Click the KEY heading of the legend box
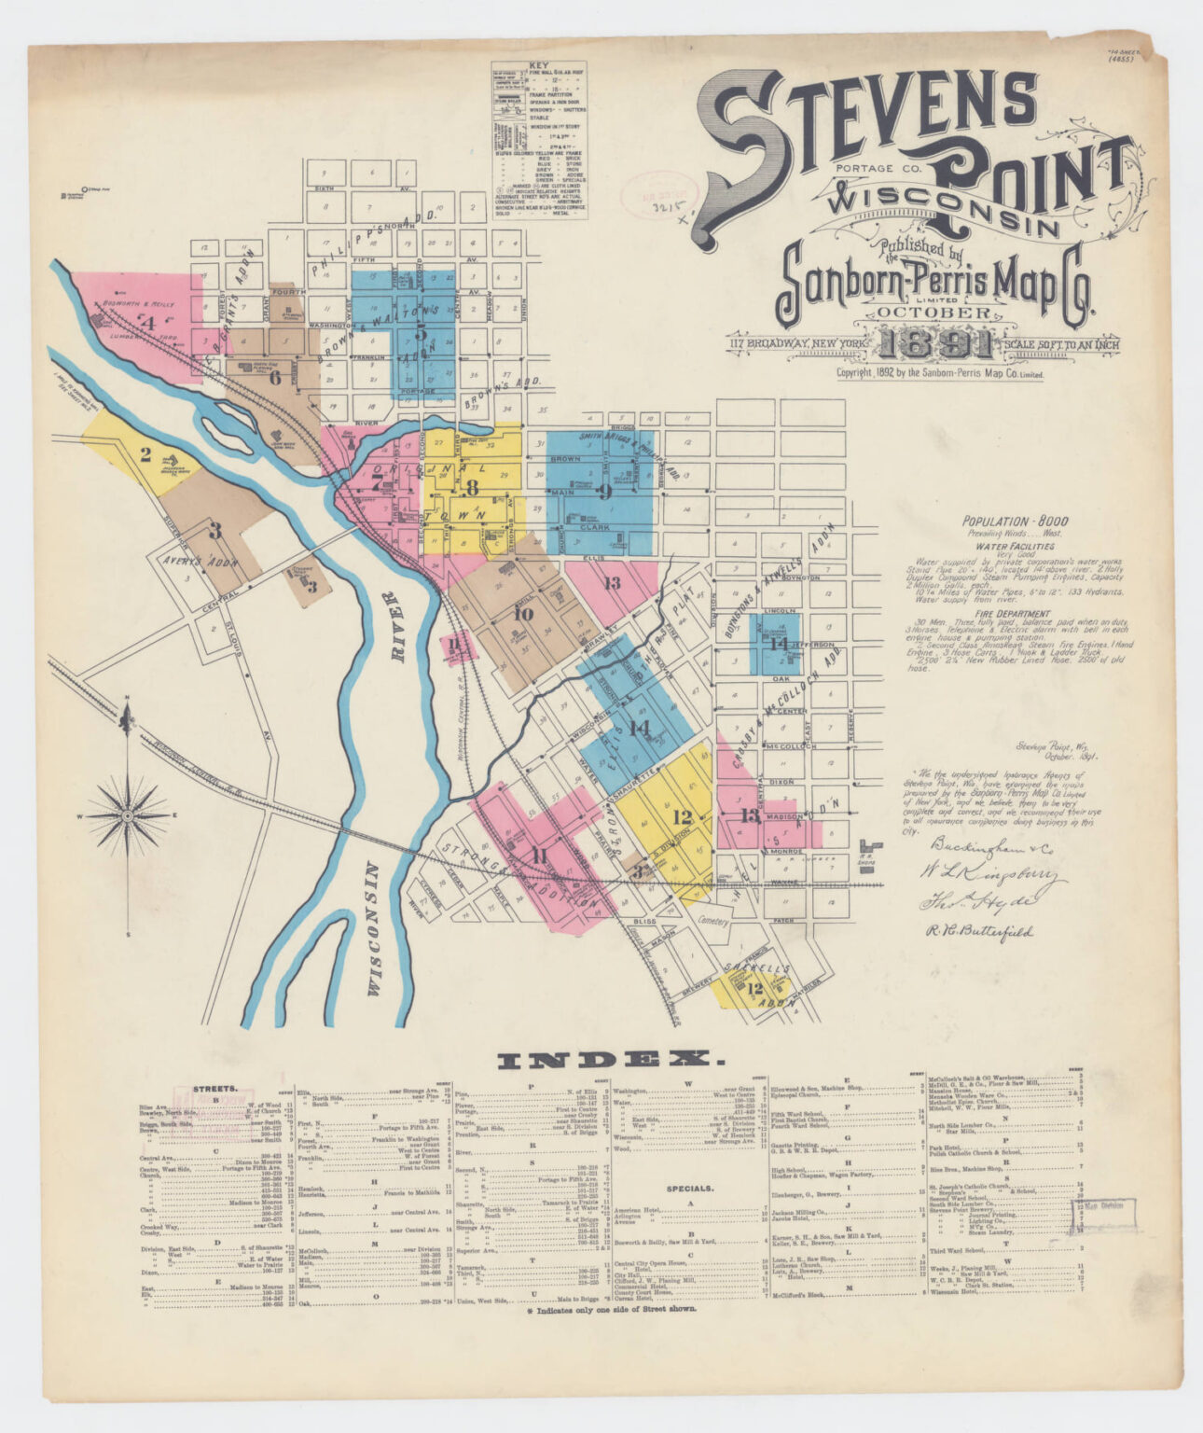click(x=538, y=67)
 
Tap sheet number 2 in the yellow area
click(x=145, y=455)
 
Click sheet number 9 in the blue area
click(x=604, y=491)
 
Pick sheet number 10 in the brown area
click(x=523, y=613)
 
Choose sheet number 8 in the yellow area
click(x=473, y=486)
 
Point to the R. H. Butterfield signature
click(x=979, y=930)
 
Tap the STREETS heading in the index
click(x=214, y=1088)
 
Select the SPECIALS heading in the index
click(x=690, y=1190)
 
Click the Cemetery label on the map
click(x=716, y=919)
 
